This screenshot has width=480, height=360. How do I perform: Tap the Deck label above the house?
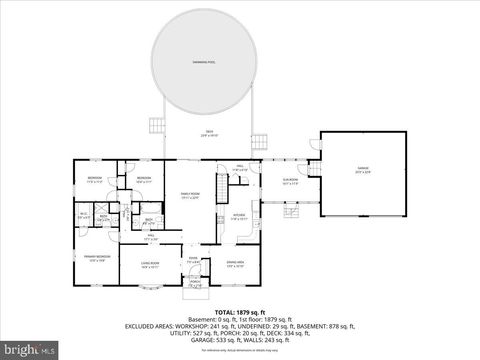[x=210, y=133]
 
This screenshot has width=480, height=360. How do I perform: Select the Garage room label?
[x=363, y=170]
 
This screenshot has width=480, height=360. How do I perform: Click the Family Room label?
[x=190, y=195]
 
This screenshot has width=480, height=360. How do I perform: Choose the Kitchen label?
[x=239, y=216]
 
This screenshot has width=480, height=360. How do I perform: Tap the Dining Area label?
[x=236, y=264]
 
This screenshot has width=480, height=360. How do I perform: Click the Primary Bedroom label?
[x=96, y=258]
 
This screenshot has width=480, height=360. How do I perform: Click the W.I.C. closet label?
[x=83, y=214]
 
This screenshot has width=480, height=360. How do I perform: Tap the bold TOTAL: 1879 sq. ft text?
[x=240, y=312]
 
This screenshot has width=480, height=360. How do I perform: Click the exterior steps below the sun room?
[x=292, y=212]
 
